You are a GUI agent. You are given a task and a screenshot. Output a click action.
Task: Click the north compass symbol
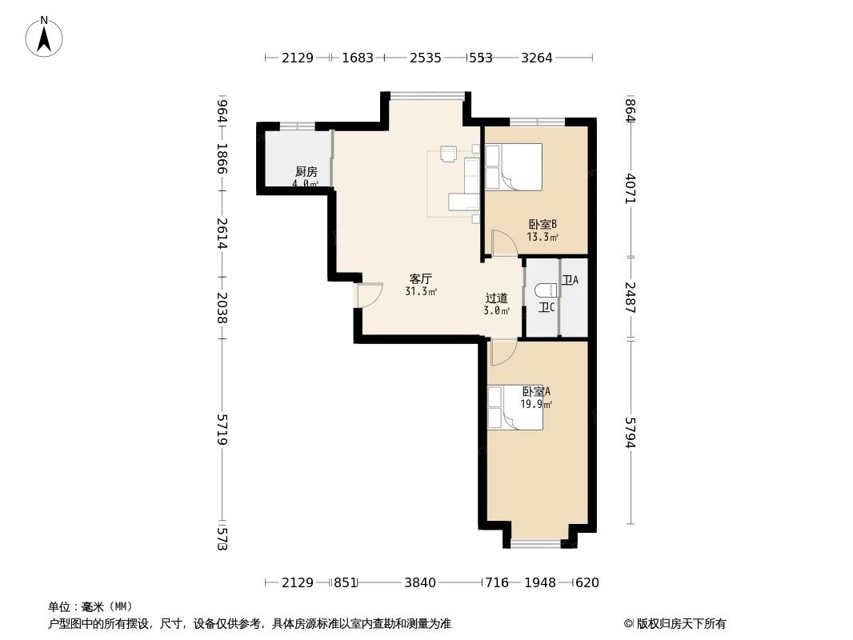click(x=44, y=37)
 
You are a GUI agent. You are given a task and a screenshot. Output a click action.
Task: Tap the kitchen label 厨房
click(x=306, y=171)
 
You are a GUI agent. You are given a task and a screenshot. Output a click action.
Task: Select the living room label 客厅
click(x=421, y=279)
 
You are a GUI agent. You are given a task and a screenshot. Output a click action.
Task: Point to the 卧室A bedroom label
click(x=536, y=392)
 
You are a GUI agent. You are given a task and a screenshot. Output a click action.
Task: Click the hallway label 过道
click(x=496, y=298)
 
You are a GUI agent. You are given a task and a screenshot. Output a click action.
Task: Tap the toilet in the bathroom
click(x=546, y=290)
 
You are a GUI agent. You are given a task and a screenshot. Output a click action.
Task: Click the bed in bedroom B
click(x=514, y=166)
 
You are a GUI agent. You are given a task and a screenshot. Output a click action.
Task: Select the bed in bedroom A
click(x=515, y=407)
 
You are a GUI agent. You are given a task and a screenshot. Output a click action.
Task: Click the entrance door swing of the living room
click(x=369, y=296)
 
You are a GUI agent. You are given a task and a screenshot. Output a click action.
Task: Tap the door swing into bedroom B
click(x=504, y=243)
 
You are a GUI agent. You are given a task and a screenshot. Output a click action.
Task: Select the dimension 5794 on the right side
click(x=631, y=433)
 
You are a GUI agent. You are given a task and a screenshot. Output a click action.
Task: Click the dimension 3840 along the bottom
click(x=420, y=582)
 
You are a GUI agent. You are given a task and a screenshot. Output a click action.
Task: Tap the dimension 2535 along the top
click(x=425, y=58)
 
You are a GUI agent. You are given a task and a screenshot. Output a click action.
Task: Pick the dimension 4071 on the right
click(x=631, y=188)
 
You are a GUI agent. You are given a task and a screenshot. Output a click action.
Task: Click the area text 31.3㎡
click(x=421, y=292)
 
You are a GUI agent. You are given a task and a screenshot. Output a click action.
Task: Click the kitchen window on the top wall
click(x=296, y=126)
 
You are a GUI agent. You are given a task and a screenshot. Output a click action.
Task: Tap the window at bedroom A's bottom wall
click(x=536, y=544)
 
